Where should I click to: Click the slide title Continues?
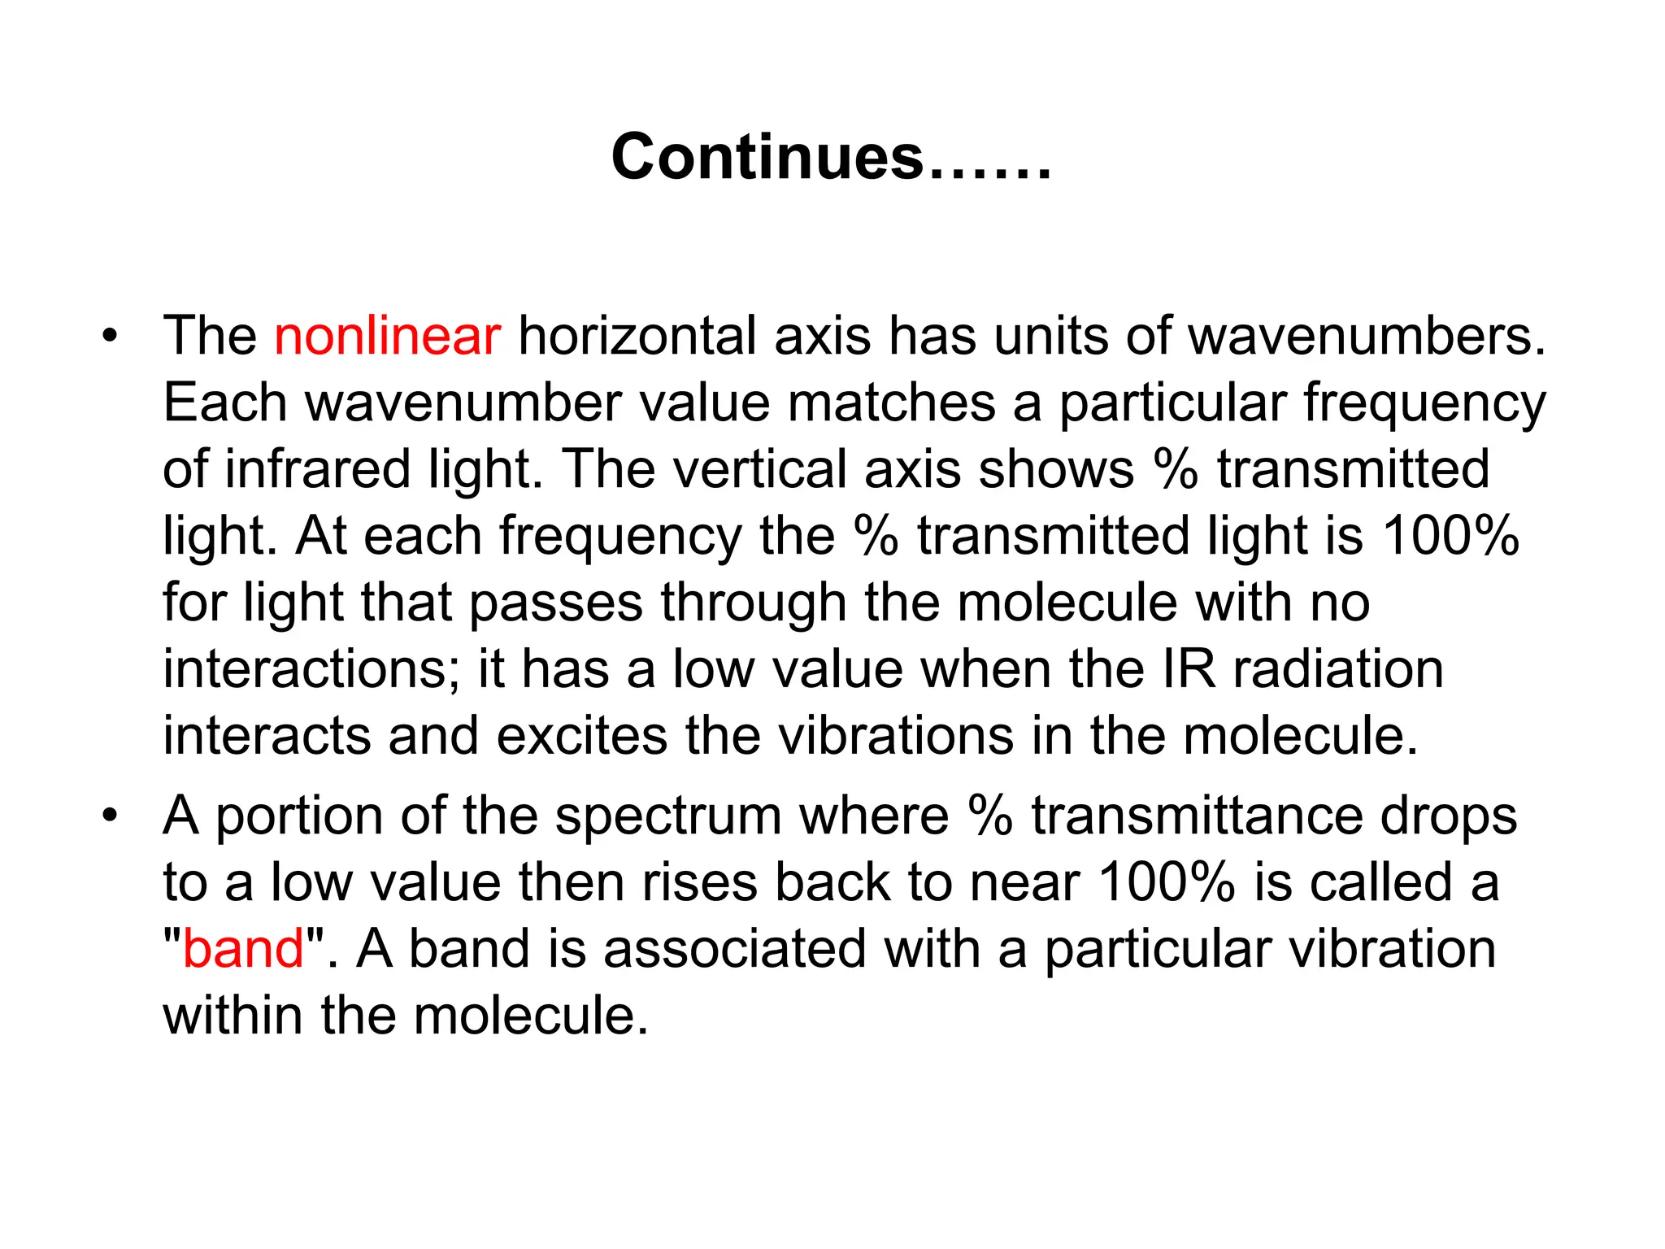831,157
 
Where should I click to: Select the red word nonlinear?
387,336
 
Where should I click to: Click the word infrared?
317,469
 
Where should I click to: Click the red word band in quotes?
243,949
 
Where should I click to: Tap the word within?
233,1016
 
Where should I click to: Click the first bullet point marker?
111,336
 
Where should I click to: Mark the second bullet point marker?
111,816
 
